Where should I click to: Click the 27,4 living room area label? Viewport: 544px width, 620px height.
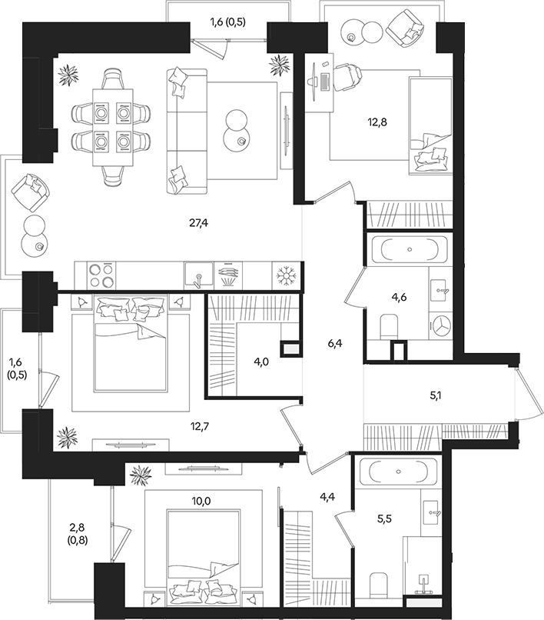(199, 223)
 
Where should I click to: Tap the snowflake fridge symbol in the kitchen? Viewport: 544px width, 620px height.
(287, 275)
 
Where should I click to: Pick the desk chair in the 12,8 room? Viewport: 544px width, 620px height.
(347, 78)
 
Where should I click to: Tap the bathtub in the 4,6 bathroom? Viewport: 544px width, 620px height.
(407, 250)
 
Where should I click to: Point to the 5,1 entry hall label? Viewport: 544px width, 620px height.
(435, 398)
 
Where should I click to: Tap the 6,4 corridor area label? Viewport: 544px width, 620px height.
(333, 344)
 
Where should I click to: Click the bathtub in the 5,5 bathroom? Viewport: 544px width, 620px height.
(395, 471)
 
